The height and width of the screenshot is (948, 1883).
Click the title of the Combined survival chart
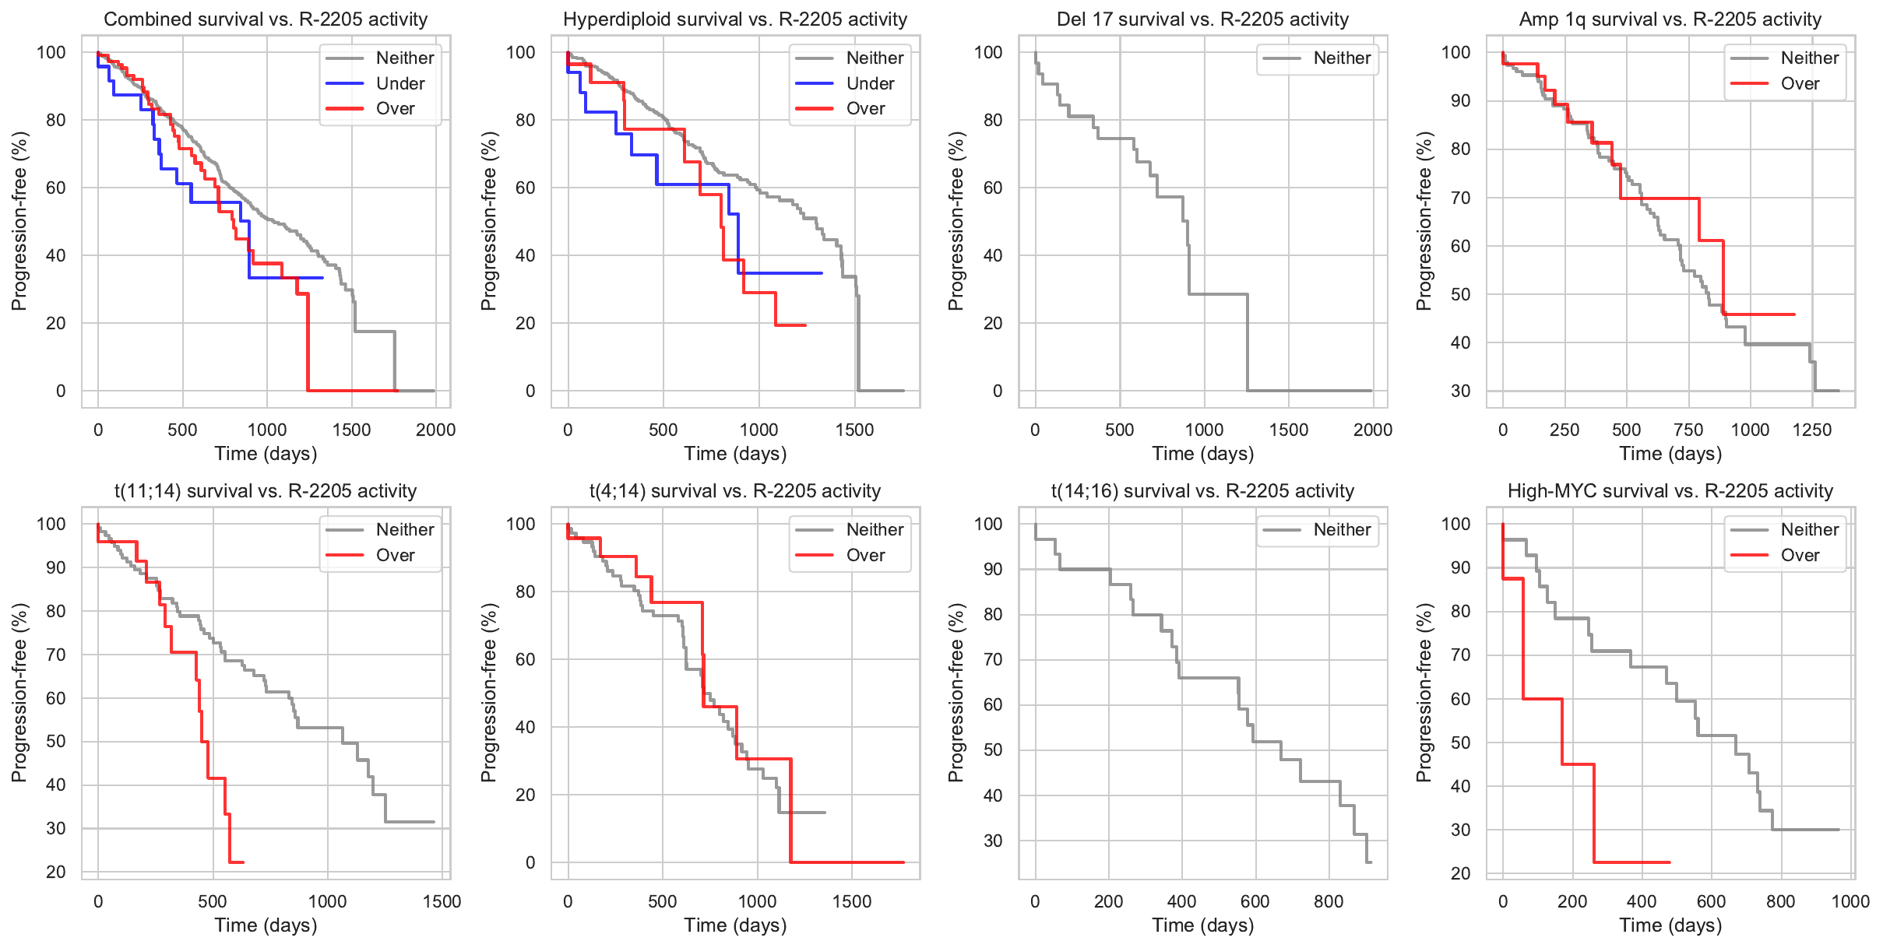266,19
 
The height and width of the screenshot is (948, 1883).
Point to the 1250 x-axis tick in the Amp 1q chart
1812,430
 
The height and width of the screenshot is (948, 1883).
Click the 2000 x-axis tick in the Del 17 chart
1372,430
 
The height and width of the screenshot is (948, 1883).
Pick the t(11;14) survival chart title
266,491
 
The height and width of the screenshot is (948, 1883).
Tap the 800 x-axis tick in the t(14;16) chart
1329,901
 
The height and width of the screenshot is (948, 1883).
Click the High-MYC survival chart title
1670,491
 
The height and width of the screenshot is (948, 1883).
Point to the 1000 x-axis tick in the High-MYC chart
1850,901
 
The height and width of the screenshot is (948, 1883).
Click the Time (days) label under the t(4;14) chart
735,925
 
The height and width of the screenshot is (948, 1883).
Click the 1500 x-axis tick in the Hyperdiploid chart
854,430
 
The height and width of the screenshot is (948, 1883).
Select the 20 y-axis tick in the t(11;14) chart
56,873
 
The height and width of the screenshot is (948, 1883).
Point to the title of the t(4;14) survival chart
735,491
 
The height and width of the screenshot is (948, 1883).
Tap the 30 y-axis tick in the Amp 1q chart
1460,391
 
